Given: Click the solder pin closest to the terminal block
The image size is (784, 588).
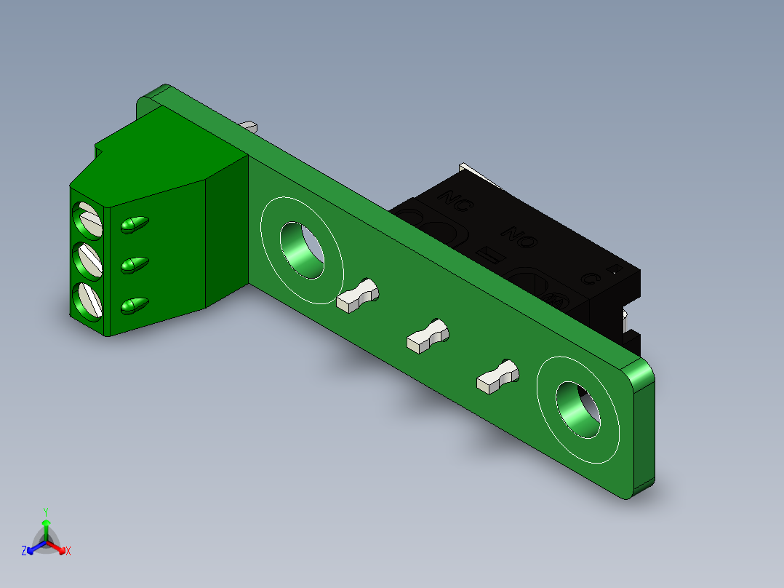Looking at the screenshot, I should click(359, 296).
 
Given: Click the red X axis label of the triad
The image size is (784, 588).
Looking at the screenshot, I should click(68, 552).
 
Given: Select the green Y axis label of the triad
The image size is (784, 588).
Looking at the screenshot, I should click(46, 512).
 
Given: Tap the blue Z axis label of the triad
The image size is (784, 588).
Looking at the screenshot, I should click(24, 551).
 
